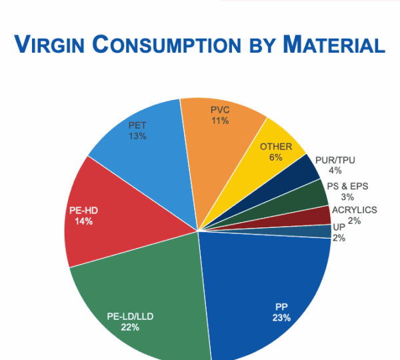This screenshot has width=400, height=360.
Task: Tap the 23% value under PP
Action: point(281,318)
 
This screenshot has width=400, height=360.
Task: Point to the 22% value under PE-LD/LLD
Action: point(129,327)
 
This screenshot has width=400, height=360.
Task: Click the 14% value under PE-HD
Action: point(84,221)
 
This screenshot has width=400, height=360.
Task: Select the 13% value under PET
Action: point(138,135)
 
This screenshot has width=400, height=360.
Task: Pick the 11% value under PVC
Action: point(220,121)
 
